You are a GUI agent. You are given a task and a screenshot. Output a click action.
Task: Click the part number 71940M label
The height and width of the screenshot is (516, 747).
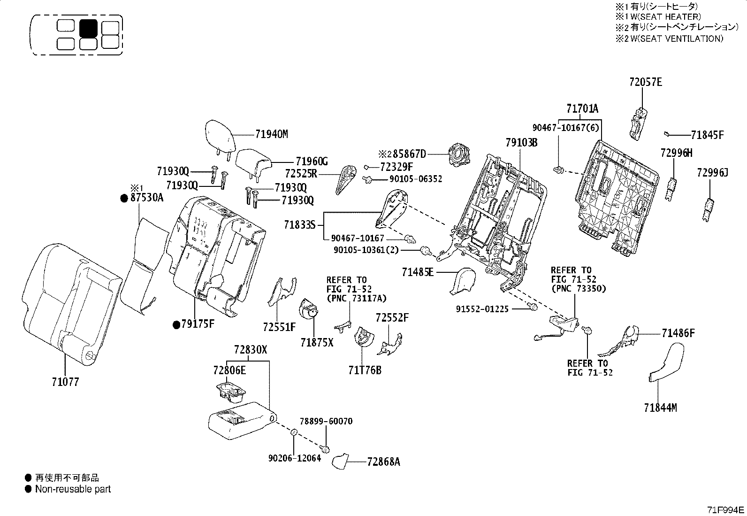tap(271, 134)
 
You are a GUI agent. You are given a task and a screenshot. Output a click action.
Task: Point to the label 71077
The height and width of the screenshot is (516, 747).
tap(65, 382)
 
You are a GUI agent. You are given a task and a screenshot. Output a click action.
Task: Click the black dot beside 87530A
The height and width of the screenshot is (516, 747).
tap(124, 198)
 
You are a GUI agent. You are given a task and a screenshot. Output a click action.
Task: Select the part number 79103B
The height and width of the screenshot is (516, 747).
tap(521, 142)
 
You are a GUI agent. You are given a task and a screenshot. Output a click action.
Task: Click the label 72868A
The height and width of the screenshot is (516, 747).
tap(383, 462)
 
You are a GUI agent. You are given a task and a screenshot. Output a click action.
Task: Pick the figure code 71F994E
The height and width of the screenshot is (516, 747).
tap(726, 510)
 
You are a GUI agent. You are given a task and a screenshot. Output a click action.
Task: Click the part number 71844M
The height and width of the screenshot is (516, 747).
tap(660, 408)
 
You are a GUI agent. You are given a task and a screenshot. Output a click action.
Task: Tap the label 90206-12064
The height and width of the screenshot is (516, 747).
tap(295, 458)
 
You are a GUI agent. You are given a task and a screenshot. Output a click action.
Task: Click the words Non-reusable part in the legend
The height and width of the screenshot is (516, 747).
tap(73, 489)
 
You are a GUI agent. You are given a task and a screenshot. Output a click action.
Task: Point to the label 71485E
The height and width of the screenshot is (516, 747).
tap(418, 272)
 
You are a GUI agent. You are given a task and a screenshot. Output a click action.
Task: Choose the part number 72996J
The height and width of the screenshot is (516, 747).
tap(712, 173)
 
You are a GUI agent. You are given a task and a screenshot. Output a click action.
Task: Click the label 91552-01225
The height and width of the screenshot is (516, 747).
tap(482, 309)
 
